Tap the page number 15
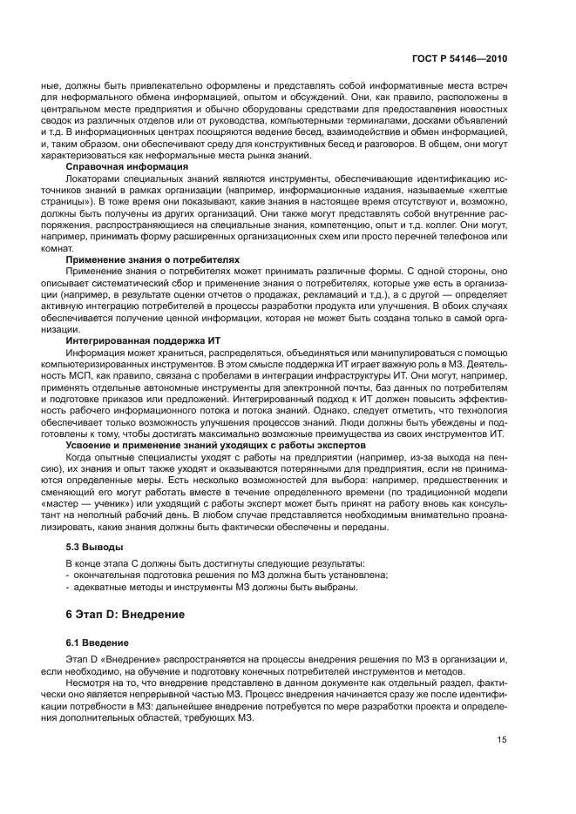(x=503, y=740)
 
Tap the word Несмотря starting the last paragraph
(x=89, y=686)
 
